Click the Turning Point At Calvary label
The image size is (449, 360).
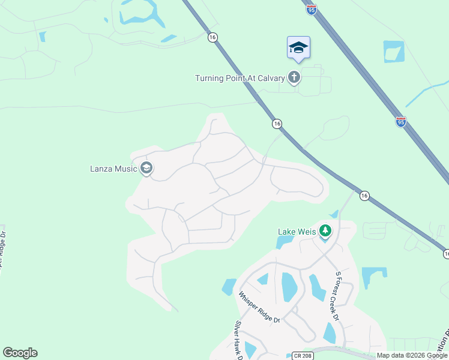pyautogui.click(x=240, y=78)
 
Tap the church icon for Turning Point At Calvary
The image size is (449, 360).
pyautogui.click(x=294, y=77)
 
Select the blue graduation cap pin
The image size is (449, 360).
pyautogui.click(x=298, y=48)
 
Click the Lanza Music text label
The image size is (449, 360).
pyautogui.click(x=110, y=169)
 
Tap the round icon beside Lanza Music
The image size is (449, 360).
pyautogui.click(x=146, y=168)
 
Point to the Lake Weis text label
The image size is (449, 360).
pyautogui.click(x=297, y=231)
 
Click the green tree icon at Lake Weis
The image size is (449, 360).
pyautogui.click(x=325, y=230)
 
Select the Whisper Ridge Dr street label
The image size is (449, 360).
pyautogui.click(x=259, y=307)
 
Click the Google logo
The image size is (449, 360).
pyautogui.click(x=20, y=353)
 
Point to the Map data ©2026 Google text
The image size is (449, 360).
pyautogui.click(x=412, y=355)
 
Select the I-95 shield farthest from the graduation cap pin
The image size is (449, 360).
pyautogui.click(x=401, y=122)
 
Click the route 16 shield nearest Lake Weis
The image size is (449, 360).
pyautogui.click(x=364, y=196)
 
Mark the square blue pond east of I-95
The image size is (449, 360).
pyautogui.click(x=394, y=52)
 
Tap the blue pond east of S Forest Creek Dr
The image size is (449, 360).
pyautogui.click(x=373, y=277)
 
